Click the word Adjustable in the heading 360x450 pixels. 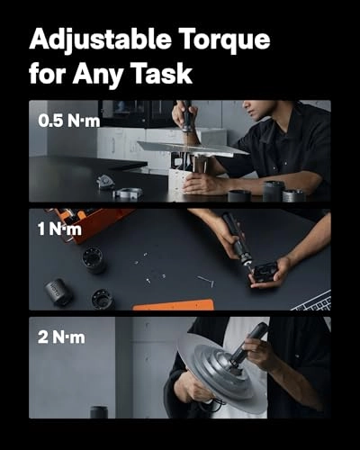pos(100,40)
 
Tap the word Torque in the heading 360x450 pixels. pos(226,40)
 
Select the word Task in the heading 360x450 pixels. pos(162,73)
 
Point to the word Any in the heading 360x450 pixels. pos(97,75)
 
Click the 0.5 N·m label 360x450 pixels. pos(69,121)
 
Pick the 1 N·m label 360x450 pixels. pos(59,229)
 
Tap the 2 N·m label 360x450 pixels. pos(61,337)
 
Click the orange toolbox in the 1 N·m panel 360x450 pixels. pos(90,223)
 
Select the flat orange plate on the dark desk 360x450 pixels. pos(174,305)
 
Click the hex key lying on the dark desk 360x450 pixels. pos(206,281)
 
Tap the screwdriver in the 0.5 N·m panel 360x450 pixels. pos(187,117)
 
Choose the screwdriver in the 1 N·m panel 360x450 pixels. pos(238,241)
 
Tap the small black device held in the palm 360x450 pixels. pos(264,272)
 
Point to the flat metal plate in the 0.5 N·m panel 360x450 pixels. pos(192,148)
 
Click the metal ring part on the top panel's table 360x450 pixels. pos(128,193)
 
